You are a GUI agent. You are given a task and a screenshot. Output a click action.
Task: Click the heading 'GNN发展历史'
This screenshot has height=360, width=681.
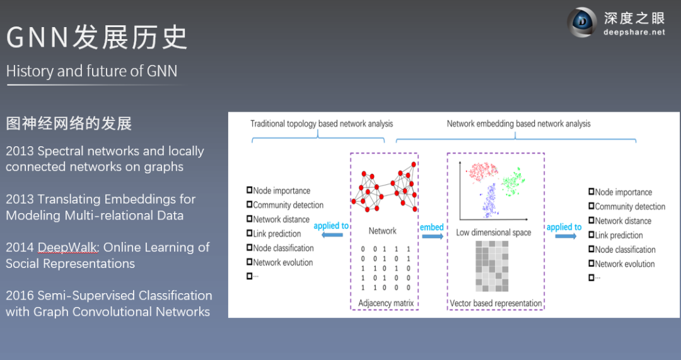(x=97, y=37)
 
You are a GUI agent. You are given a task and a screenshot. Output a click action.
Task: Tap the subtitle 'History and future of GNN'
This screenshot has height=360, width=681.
(x=91, y=71)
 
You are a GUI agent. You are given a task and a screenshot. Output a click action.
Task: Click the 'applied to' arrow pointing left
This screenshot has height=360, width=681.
(x=332, y=235)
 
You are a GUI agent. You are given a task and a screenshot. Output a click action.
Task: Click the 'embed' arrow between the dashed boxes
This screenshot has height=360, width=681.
(x=432, y=236)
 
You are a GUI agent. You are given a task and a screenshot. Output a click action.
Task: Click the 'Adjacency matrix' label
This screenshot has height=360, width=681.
(x=386, y=303)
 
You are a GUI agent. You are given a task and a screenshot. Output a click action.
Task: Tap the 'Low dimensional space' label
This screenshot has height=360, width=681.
(x=494, y=233)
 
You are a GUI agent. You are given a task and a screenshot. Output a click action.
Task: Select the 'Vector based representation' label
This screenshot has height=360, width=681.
(x=496, y=303)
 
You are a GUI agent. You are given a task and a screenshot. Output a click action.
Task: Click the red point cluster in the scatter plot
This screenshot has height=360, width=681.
(x=481, y=172)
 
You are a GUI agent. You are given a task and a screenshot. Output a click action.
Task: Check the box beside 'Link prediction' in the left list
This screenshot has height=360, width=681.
(x=250, y=234)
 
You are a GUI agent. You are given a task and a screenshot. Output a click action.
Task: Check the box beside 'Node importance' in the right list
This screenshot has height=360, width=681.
(x=591, y=192)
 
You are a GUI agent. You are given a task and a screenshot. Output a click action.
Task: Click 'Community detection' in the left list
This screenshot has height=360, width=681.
(x=288, y=205)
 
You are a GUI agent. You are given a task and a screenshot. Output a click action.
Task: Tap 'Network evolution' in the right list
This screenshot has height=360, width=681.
(x=624, y=264)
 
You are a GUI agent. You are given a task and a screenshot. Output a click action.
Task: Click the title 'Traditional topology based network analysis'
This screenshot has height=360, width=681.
(x=322, y=124)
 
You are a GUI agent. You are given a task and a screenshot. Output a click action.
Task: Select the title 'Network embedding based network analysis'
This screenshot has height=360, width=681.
(x=518, y=124)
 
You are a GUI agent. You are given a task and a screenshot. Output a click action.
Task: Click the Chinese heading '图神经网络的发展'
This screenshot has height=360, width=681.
(x=69, y=123)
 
